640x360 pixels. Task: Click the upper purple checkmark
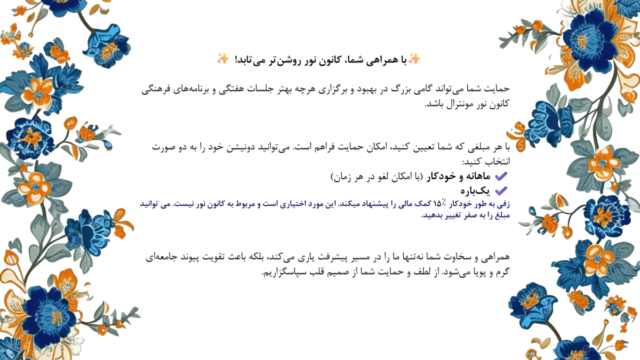click(x=500, y=176)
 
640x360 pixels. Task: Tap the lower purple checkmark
click(x=500, y=190)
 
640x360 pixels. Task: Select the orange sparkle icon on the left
click(x=223, y=59)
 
